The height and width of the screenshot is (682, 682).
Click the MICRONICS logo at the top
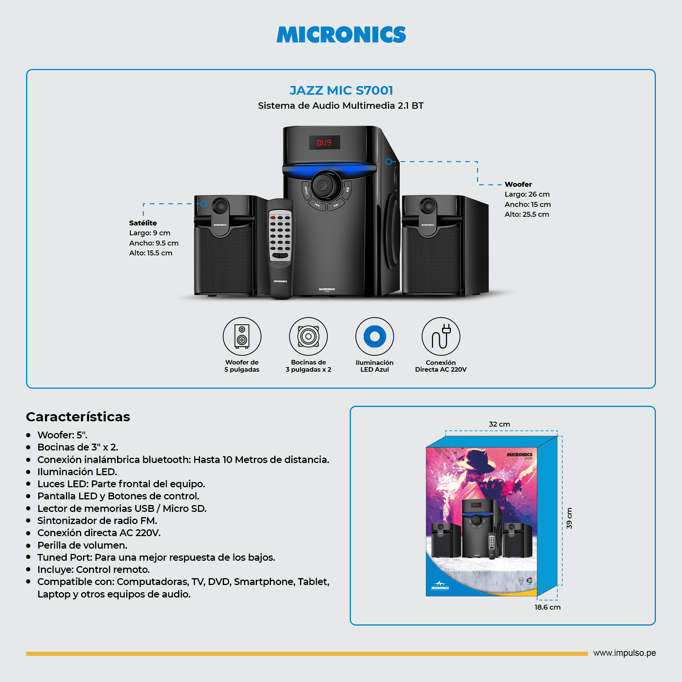point(341,34)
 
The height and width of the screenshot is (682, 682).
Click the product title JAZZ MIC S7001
point(341,91)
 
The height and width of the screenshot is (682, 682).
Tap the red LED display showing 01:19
point(324,143)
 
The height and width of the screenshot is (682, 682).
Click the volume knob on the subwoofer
point(323,186)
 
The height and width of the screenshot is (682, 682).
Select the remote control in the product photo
point(280,248)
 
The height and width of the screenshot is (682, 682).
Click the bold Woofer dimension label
point(518,185)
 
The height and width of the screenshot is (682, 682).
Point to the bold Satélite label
point(143,223)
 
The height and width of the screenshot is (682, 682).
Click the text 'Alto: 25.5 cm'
point(527,214)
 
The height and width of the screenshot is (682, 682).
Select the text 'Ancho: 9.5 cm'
point(153,243)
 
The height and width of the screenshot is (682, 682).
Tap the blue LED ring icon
point(374,336)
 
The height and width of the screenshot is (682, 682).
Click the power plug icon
point(441,336)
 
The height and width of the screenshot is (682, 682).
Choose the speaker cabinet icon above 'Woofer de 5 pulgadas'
point(242,336)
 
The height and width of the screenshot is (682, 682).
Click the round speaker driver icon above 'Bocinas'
point(308,336)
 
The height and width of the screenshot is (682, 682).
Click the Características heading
point(78,417)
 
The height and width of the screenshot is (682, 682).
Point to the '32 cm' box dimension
point(499,424)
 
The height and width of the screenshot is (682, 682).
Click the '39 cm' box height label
point(569,518)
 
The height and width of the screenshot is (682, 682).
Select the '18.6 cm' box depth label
point(547,607)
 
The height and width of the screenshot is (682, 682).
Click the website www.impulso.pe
point(624,653)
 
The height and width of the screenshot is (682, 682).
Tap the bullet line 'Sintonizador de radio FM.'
point(97,521)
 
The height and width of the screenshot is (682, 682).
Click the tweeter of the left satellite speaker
point(220,206)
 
